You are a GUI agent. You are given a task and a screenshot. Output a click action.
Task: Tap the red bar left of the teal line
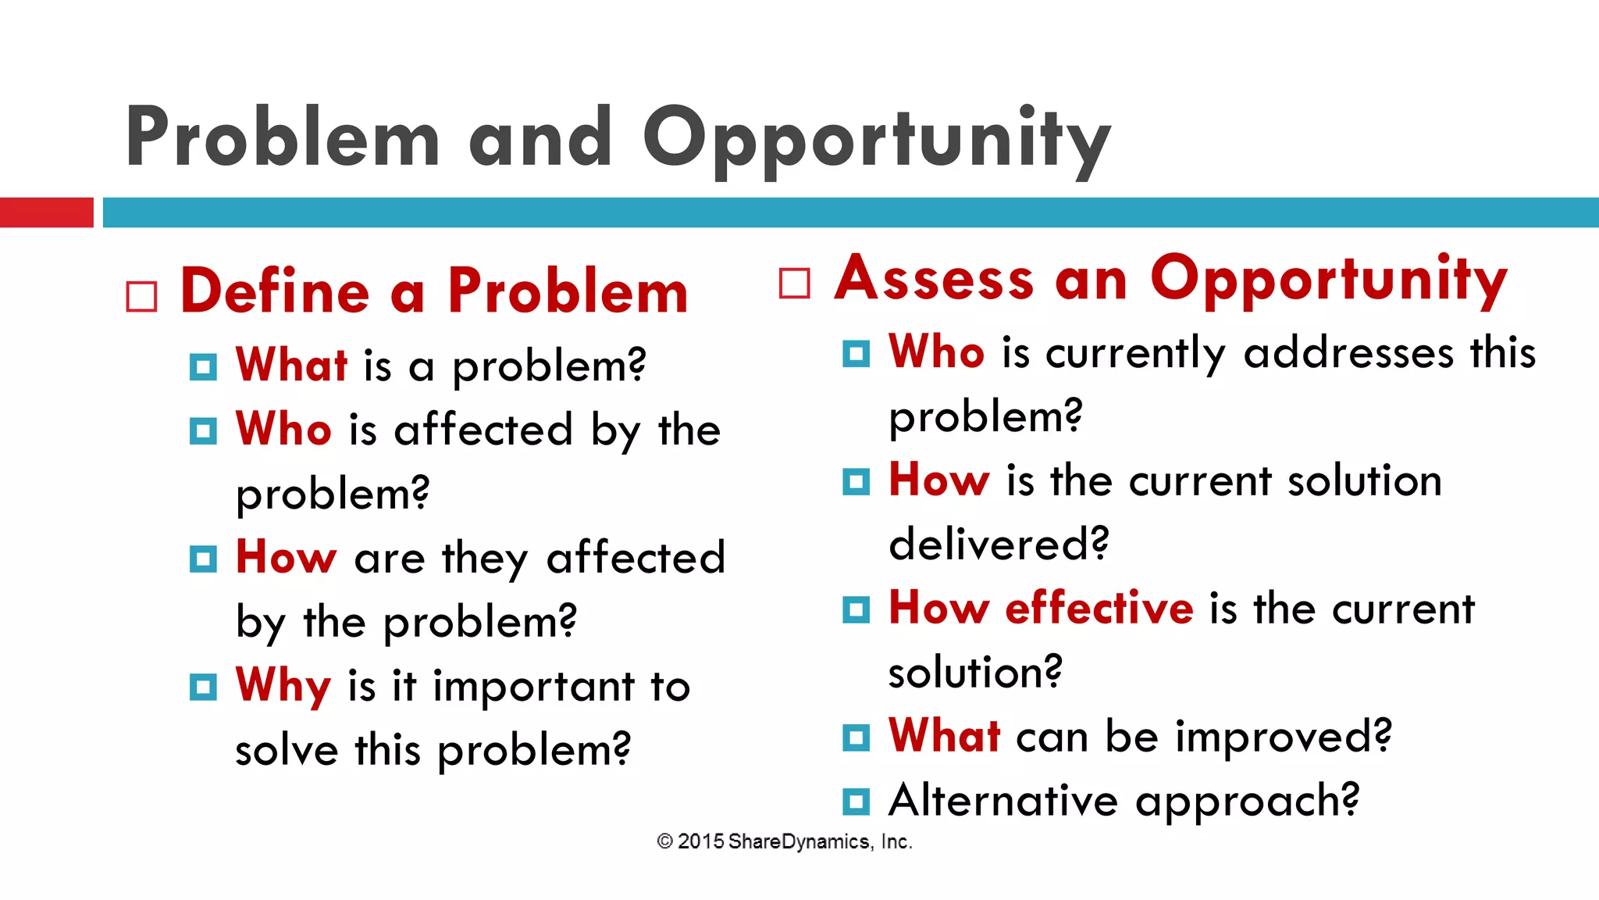(x=46, y=212)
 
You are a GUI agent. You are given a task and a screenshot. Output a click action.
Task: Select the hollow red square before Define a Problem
(x=141, y=297)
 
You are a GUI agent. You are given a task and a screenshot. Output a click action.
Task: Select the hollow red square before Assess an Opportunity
(x=795, y=283)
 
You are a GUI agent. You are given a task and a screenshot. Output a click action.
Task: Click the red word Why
(x=283, y=687)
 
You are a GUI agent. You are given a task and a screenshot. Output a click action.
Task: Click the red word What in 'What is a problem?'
(x=291, y=365)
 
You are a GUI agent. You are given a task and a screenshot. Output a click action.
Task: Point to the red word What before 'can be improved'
(x=945, y=736)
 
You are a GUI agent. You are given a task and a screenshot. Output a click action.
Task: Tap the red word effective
(x=1099, y=608)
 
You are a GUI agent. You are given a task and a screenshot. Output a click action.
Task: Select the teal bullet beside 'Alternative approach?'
(x=856, y=802)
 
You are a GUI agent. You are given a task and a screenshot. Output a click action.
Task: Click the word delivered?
(x=999, y=544)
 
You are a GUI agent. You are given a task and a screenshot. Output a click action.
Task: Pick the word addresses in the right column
(x=1348, y=352)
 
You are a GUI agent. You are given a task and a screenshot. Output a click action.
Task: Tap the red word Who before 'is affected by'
(x=283, y=430)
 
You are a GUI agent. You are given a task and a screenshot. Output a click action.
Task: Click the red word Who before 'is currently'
(x=937, y=352)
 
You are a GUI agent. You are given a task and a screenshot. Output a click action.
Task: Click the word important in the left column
(x=534, y=687)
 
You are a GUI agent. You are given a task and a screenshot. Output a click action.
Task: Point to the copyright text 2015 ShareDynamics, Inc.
(x=785, y=841)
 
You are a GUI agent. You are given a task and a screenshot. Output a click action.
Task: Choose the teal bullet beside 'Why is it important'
(x=203, y=687)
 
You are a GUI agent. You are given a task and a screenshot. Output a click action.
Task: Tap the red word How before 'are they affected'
(x=286, y=558)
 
